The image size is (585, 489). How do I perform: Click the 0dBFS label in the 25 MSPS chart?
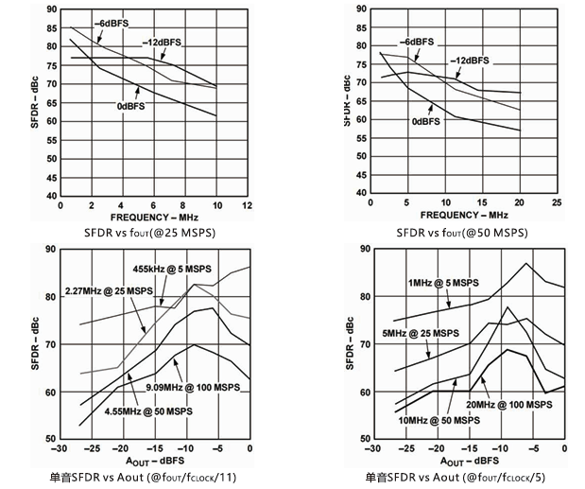(131, 107)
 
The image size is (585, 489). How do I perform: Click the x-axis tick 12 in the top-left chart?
(247, 205)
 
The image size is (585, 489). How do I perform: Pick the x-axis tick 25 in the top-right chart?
(557, 202)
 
